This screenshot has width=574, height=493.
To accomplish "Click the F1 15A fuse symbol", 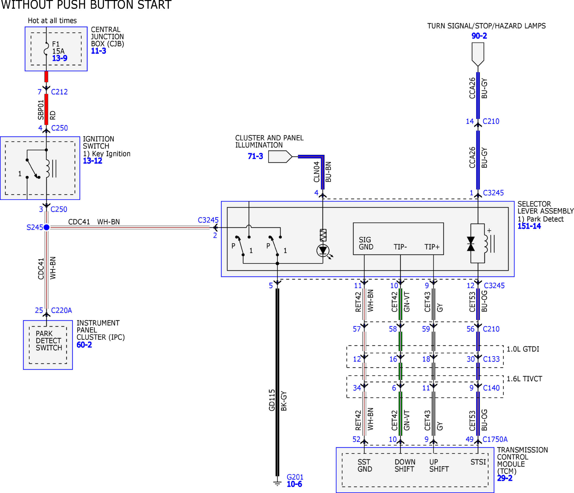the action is (46, 49).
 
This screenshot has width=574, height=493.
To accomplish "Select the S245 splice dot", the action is (47, 227).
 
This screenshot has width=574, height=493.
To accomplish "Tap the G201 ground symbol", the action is (277, 483).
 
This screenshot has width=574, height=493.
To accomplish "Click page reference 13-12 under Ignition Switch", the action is (92, 161).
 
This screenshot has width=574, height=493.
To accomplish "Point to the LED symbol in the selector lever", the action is (323, 250).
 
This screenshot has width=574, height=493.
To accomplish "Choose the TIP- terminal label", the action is (400, 247).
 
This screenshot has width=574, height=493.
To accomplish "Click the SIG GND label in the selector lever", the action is (366, 243).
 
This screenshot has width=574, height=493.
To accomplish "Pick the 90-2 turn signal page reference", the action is (479, 36).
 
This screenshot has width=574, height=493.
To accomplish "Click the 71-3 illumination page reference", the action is (255, 156).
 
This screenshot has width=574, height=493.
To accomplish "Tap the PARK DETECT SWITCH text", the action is (49, 341).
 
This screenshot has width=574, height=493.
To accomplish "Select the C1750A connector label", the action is (495, 439).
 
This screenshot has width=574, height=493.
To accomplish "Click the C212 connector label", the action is (59, 92).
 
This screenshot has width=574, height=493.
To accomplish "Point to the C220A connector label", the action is (61, 310).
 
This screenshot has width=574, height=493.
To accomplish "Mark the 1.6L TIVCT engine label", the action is (524, 379).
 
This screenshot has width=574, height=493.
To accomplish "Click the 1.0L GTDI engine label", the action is (523, 349).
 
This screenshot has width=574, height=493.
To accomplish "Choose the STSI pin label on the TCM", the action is (478, 462).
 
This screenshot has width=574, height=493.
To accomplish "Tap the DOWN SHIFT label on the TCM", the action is (405, 466).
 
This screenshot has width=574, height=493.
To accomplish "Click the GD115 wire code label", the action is (272, 400).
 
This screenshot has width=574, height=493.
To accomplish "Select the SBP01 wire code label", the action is (41, 110).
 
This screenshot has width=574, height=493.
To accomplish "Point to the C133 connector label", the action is (491, 359).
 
